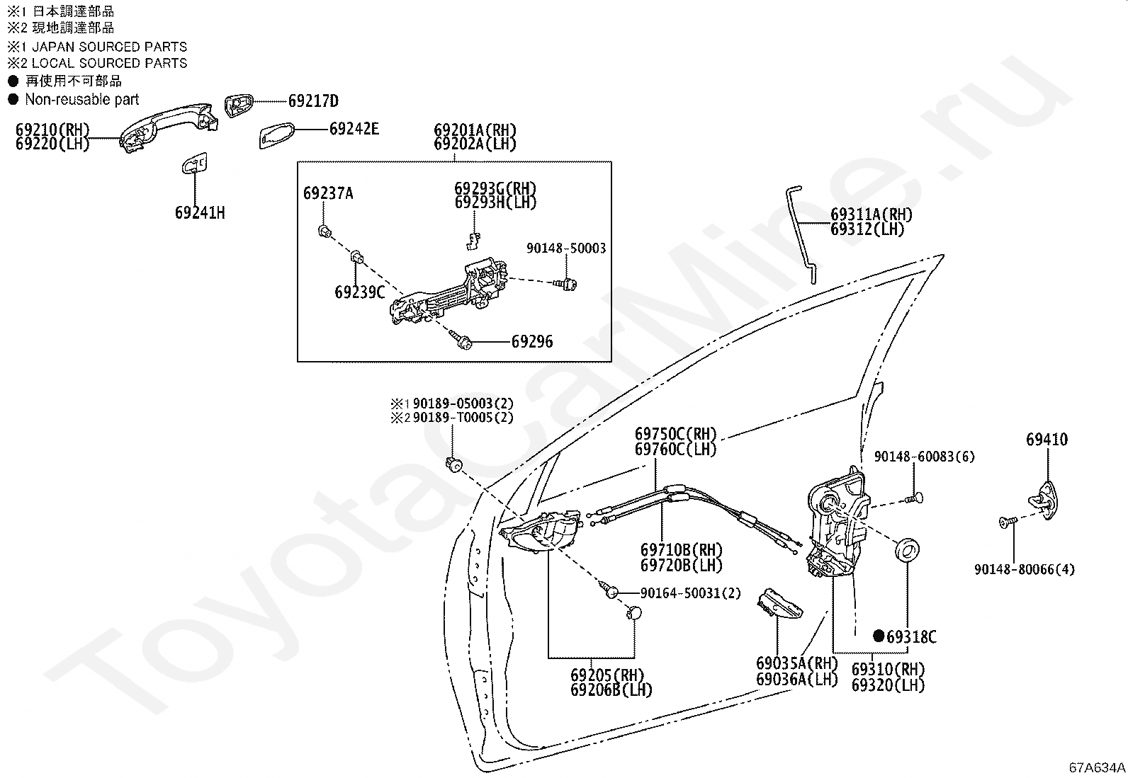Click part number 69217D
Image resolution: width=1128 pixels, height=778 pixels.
click(312, 101)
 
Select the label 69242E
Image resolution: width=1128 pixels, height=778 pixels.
click(354, 129)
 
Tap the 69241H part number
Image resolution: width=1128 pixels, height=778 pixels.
click(200, 212)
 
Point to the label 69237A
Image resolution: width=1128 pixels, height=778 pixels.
click(328, 193)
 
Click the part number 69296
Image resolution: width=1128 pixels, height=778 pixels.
click(532, 342)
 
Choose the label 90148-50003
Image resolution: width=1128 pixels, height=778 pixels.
click(566, 248)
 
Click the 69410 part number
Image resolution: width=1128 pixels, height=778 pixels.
click(1047, 440)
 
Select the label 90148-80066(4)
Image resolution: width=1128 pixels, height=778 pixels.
click(1024, 569)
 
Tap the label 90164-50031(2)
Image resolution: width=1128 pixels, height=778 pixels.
click(690, 593)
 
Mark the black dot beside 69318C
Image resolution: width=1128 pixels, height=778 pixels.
click(879, 636)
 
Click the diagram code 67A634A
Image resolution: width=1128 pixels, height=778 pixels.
click(1097, 767)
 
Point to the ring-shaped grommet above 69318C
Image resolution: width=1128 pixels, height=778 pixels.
click(907, 549)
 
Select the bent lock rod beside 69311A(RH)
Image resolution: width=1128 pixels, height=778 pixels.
click(801, 234)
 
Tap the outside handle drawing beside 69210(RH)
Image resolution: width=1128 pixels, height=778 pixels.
click(170, 125)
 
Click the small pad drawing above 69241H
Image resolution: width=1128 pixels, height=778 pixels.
click(194, 164)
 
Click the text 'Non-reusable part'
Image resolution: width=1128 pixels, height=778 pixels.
click(81, 100)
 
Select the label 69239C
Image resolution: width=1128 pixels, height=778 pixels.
click(359, 292)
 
